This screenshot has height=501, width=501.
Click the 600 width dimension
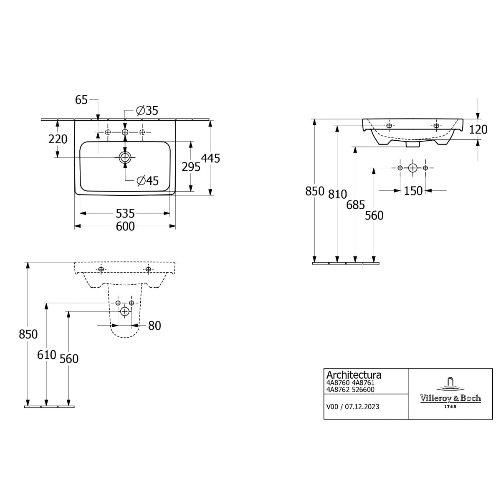pos(125,226)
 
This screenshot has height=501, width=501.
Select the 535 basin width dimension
pos(125,213)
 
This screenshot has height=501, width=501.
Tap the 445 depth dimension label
pos(210,158)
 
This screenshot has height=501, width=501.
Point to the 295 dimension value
pos(191,167)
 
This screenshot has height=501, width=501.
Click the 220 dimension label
pos(58,139)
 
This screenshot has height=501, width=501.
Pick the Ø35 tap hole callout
pos(147,111)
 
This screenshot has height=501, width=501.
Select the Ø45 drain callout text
pos(148,181)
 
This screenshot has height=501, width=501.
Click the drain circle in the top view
pos(125,157)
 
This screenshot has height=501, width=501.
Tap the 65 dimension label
pos(81,100)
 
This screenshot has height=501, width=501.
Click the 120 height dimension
pos(478,129)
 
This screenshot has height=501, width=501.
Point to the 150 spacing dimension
pos(413,191)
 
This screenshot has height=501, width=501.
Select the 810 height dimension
pos(337,195)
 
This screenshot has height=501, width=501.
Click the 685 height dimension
pos(355,205)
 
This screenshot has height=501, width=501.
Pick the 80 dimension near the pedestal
pos(154,326)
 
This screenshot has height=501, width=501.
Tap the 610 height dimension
pos(46,355)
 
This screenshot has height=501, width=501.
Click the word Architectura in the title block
pos(354,375)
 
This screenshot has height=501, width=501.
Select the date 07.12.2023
pos(362,407)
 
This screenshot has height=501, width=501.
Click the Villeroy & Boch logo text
pos(450,398)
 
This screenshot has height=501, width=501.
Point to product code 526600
pos(363,390)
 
